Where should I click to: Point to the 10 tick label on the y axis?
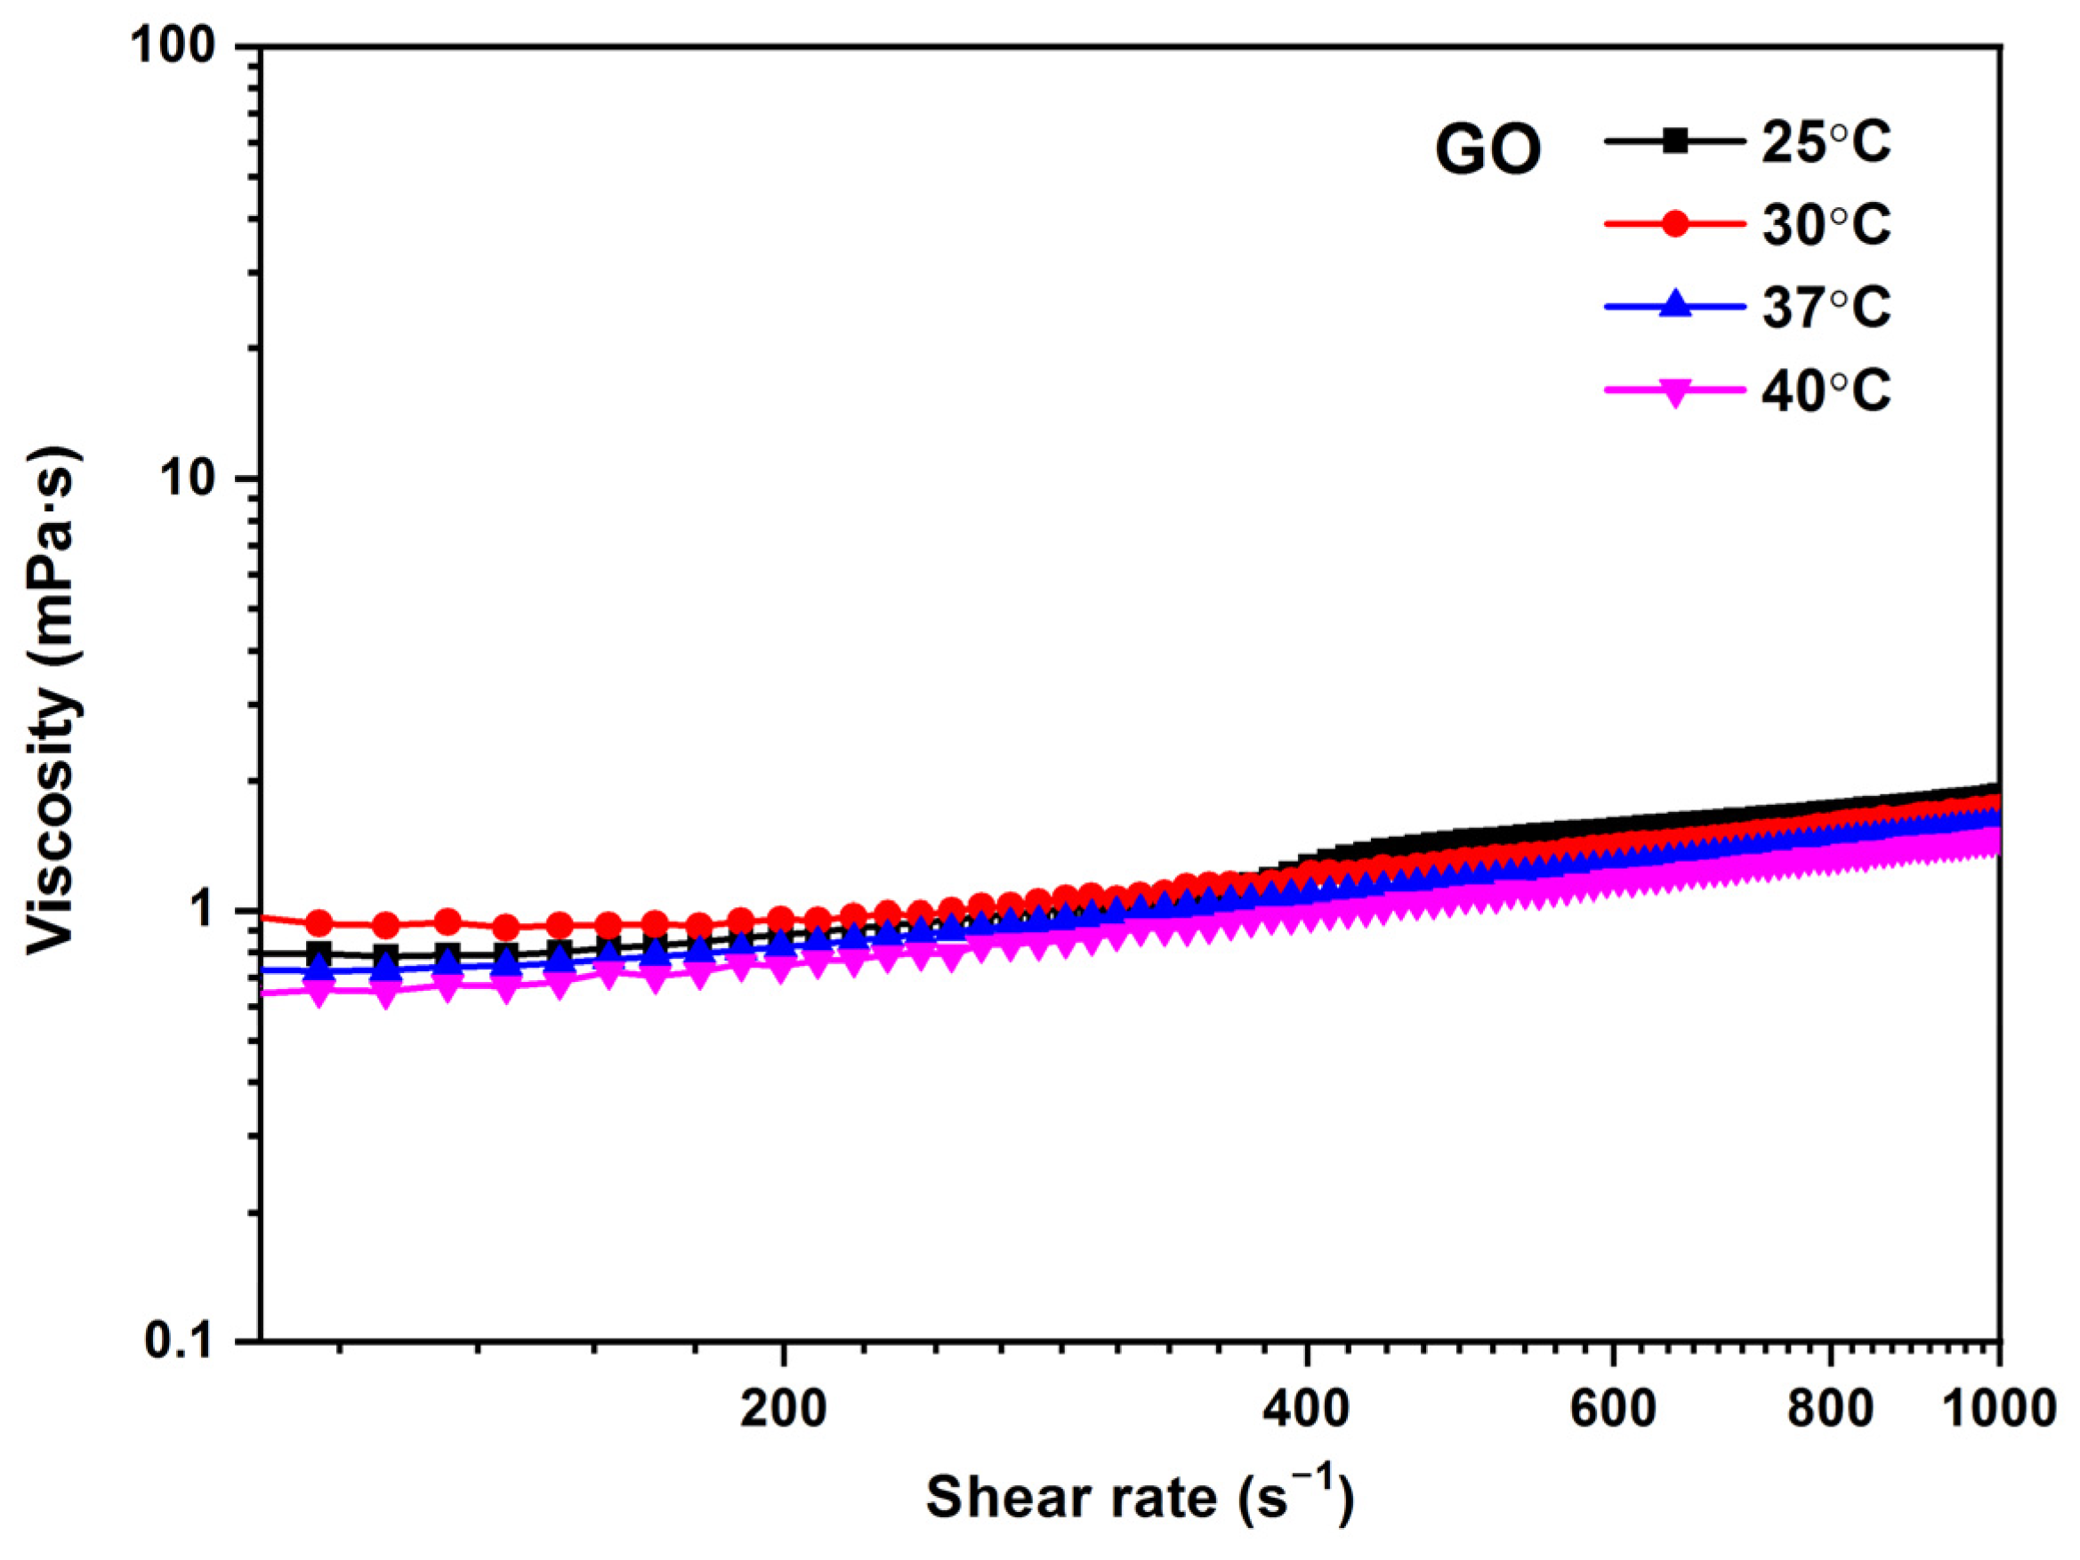200,478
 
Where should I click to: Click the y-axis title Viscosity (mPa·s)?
52,701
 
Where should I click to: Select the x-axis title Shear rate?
1140,1497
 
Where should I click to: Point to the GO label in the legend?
1487,150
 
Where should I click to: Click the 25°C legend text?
1826,143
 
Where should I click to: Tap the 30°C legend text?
1826,225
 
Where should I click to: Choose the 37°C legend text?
1826,307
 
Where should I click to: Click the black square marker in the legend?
1674,143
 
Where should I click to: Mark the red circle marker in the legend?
1674,225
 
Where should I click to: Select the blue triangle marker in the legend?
1674,307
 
